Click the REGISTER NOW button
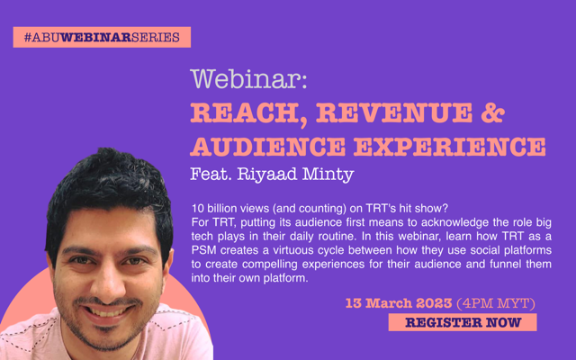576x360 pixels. point(463,322)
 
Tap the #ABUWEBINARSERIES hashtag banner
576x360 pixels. point(102,37)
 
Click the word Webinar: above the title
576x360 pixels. point(248,78)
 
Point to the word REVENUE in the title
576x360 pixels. point(394,112)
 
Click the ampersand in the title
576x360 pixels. point(492,112)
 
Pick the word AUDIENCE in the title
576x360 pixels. point(268,146)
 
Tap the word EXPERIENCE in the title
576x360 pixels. point(450,146)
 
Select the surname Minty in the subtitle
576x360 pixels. point(328,175)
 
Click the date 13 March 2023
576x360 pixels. point(399,303)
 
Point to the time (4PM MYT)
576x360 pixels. point(496,304)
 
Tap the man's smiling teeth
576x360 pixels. point(106,313)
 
